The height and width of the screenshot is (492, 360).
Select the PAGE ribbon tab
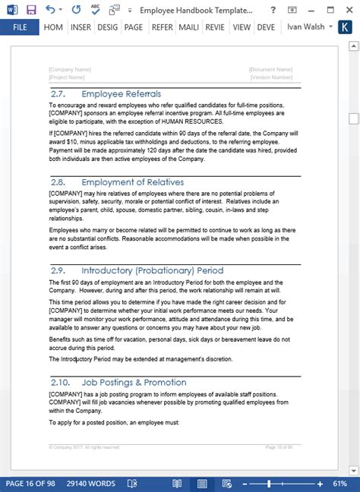134,27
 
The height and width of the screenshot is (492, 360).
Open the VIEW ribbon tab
242,27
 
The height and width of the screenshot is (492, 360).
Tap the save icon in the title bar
30,9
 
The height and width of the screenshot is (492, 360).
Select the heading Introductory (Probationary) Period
152,270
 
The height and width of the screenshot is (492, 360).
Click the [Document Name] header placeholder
270,69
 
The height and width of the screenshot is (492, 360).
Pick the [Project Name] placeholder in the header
67,77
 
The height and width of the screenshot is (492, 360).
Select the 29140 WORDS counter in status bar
90,484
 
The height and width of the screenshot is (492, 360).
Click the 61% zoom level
339,484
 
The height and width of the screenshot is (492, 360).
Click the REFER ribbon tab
161,27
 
